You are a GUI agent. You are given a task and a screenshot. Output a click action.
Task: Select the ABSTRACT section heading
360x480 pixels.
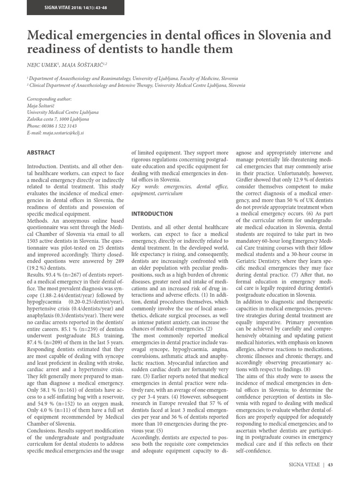coord(41,152)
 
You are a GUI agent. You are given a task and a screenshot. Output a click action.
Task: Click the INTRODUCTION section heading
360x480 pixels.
coord(152,214)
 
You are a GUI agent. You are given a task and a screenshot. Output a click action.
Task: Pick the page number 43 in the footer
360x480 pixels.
coord(330,465)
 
